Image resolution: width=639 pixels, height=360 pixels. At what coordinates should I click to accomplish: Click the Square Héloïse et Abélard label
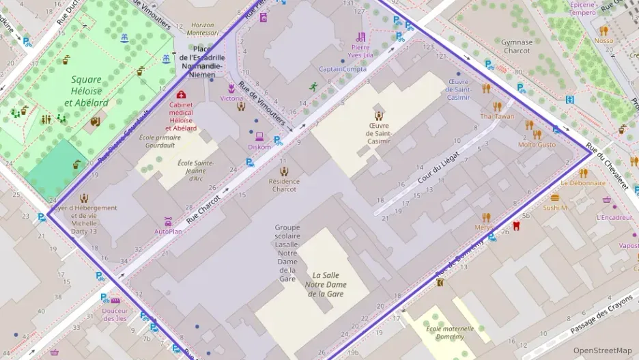(x=86, y=91)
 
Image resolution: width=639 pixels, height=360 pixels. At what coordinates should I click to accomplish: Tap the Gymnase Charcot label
(x=516, y=46)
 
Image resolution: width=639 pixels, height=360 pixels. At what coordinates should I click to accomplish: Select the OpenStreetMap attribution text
(x=602, y=350)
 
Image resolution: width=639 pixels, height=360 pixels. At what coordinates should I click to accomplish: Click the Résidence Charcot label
(x=283, y=185)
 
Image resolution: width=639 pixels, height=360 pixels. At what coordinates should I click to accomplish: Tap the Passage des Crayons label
(x=601, y=319)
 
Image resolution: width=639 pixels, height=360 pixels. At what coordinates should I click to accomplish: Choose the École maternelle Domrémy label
(x=444, y=332)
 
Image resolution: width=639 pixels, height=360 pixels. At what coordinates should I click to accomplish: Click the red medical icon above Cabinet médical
(x=181, y=95)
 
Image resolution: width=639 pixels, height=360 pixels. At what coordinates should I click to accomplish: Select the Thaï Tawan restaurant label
(x=497, y=116)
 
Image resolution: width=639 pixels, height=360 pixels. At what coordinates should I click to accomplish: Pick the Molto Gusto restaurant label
(x=537, y=144)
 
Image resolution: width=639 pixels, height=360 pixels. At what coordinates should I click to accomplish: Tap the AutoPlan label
(x=168, y=231)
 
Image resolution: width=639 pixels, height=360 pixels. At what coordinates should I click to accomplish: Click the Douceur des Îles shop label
(x=115, y=314)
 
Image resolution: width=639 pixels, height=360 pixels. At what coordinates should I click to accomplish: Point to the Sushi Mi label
(x=555, y=207)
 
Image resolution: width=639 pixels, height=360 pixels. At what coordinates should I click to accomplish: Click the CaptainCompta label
(x=343, y=69)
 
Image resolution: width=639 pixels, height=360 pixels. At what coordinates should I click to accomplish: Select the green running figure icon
(x=313, y=87)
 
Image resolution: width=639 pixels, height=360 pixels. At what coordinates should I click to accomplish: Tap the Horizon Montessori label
(x=202, y=29)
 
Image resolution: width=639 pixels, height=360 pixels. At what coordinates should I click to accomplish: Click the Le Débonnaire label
(x=582, y=183)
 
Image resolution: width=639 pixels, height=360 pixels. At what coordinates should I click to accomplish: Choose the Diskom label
(x=259, y=147)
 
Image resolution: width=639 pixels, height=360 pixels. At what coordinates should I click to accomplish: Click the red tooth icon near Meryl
(x=516, y=225)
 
